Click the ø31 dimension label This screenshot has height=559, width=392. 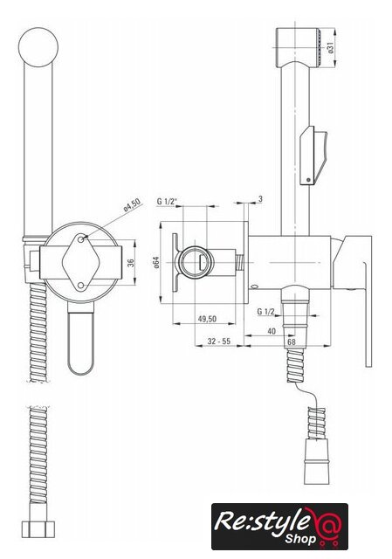(331, 47)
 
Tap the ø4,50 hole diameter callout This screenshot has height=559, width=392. (132, 205)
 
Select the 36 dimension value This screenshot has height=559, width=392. (131, 263)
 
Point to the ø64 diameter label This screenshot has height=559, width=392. (155, 262)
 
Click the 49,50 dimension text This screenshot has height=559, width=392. (207, 318)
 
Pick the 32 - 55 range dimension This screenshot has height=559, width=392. (219, 342)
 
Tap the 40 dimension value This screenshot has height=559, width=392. (272, 331)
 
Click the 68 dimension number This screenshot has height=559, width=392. (292, 342)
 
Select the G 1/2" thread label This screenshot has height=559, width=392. (167, 202)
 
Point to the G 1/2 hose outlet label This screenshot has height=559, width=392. (266, 312)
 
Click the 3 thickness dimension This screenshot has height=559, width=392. (260, 199)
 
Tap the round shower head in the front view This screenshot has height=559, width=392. (38, 47)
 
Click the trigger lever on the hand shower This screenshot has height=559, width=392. (313, 155)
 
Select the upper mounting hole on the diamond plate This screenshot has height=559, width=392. (81, 239)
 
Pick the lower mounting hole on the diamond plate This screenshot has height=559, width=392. (81, 286)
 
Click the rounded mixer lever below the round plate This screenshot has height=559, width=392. (81, 339)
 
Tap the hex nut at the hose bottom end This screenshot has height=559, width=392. (38, 529)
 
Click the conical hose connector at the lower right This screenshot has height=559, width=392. (316, 461)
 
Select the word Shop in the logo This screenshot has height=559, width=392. (300, 539)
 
